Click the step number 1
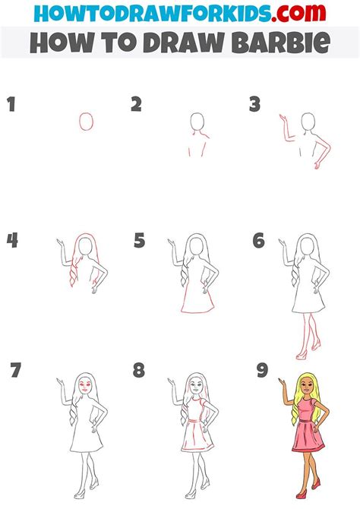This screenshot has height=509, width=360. pos(11,105)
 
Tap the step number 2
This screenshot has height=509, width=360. pos(136,105)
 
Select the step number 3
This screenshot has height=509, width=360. pos(256,105)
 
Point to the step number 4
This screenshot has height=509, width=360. pos(12,241)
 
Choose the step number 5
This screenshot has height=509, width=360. pos(139,241)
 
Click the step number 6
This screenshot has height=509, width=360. pos(259,241)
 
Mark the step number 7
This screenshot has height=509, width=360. pos(15,371)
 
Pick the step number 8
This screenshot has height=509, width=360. pos(139,371)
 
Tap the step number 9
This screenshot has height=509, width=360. pos(262,371)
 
